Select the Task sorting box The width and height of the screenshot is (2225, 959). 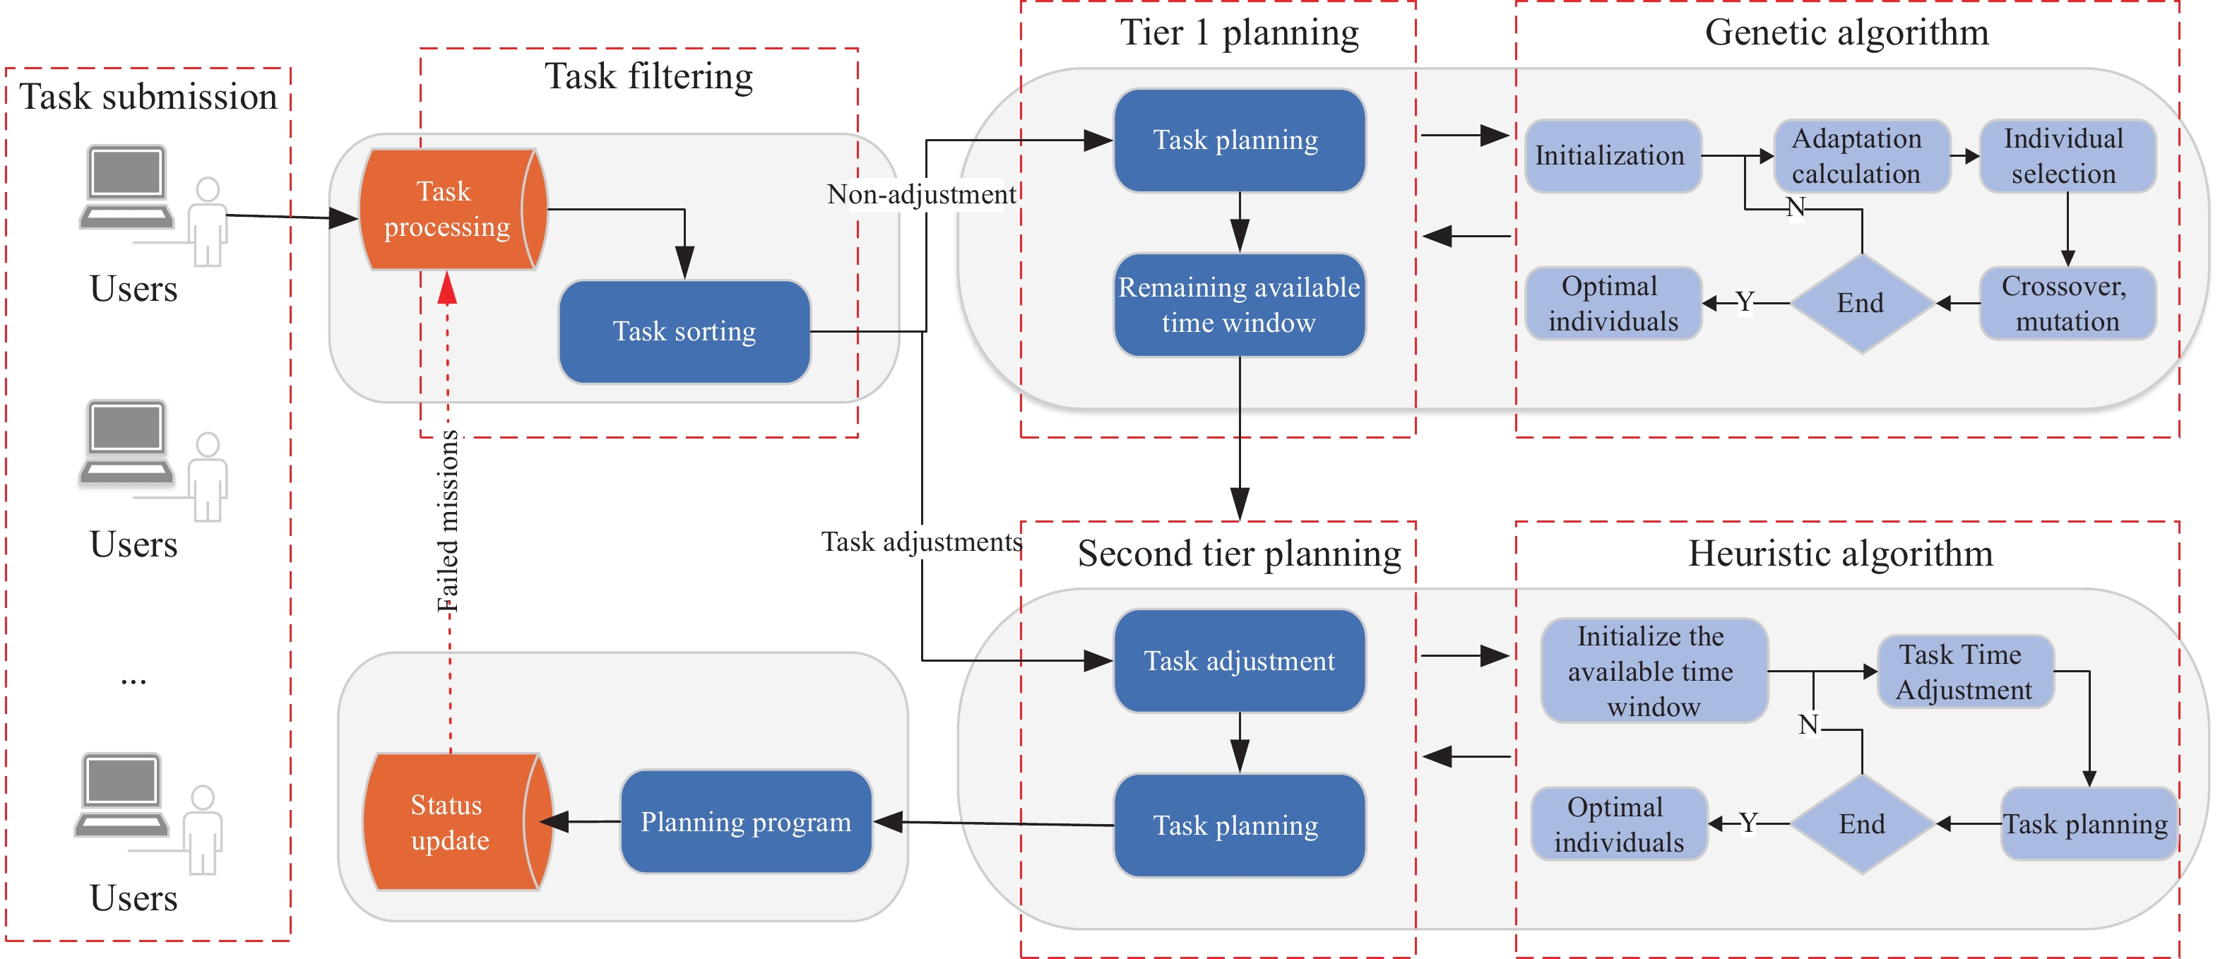pyautogui.click(x=684, y=331)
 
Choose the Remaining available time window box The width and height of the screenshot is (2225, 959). pyautogui.click(x=1239, y=304)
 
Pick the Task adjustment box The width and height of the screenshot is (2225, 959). pyautogui.click(x=1239, y=661)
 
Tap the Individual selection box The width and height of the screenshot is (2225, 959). pyautogui.click(x=2065, y=156)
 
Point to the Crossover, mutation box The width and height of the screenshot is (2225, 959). pyautogui.click(x=2065, y=304)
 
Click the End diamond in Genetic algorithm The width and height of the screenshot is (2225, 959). pyautogui.click(x=1861, y=304)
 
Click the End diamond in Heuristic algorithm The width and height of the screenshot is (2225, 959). pyautogui.click(x=1861, y=824)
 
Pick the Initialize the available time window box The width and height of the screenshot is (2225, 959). pyautogui.click(x=1651, y=672)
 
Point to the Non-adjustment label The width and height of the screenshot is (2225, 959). pyautogui.click(x=921, y=195)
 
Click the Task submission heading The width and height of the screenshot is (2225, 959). pyautogui.click(x=148, y=97)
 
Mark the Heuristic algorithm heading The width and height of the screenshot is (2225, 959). pyautogui.click(x=1840, y=554)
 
